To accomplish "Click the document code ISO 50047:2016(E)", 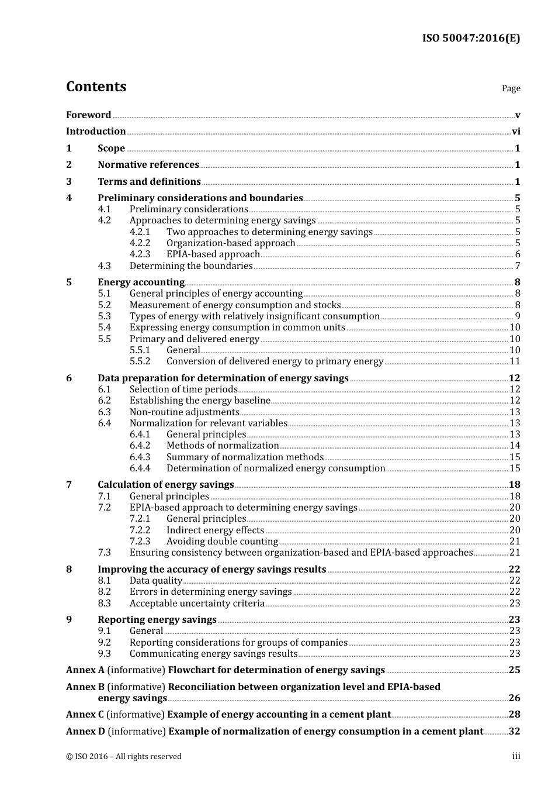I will [471, 38].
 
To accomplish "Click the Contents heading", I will [96, 87].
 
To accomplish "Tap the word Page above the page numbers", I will [511, 88].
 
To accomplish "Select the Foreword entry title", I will [88, 115].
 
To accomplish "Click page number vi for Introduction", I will [516, 132].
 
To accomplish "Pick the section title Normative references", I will [148, 165].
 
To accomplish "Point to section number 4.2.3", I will [140, 254].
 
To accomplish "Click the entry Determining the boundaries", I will [191, 266].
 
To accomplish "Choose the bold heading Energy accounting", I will [141, 282].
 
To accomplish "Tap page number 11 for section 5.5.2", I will [515, 361].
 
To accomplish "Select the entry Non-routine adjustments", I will [184, 412].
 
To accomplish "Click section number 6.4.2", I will [140, 446].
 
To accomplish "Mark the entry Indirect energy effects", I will [215, 530].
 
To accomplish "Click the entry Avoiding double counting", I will [222, 542].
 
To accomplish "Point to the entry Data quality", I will [156, 581].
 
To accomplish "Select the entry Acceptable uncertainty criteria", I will [197, 604].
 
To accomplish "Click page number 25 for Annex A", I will [514, 670].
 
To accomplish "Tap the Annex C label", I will [85, 715].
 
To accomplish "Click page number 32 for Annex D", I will [514, 732].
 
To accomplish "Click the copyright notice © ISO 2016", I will [123, 757].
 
